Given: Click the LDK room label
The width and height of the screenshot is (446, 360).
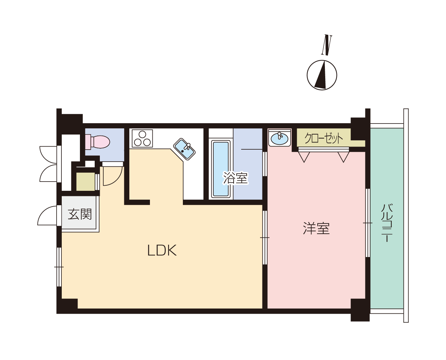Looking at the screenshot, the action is [162, 250].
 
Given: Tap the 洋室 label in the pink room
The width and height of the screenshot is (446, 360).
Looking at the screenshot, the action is [316, 228].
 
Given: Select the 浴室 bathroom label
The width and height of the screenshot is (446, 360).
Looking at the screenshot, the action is [235, 178].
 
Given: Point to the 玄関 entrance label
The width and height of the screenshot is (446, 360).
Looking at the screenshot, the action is [80, 214].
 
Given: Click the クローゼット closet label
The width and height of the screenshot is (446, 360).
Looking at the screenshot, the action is [324, 138].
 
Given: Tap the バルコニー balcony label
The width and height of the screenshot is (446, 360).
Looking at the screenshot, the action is [387, 223].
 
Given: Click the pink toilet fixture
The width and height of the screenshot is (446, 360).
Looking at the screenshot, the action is [97, 142].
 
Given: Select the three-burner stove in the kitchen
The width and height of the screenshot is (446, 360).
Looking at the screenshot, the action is [142, 139].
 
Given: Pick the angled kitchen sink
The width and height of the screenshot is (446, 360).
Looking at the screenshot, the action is [184, 149].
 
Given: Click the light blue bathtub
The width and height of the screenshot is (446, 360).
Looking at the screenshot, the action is [221, 169].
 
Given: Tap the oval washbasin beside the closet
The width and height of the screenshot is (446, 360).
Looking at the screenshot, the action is [279, 138].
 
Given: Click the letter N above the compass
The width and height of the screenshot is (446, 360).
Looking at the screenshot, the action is [327, 45].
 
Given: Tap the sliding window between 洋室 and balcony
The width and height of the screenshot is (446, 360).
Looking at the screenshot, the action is [368, 223].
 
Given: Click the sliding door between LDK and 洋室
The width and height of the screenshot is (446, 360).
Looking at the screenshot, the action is [265, 237].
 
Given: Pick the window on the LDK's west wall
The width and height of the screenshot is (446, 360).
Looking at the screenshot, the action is [59, 267].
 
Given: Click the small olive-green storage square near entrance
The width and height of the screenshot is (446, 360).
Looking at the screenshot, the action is [85, 182].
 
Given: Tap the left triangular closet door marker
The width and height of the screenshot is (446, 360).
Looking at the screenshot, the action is [304, 157].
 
